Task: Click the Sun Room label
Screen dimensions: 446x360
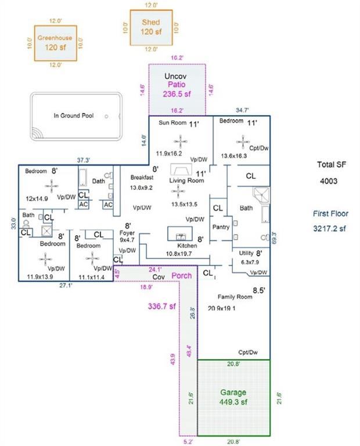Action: [173, 124]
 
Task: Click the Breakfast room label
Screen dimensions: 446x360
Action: [141, 178]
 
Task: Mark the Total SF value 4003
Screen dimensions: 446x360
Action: [330, 182]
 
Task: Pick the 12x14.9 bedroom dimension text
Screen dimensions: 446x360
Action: [37, 199]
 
